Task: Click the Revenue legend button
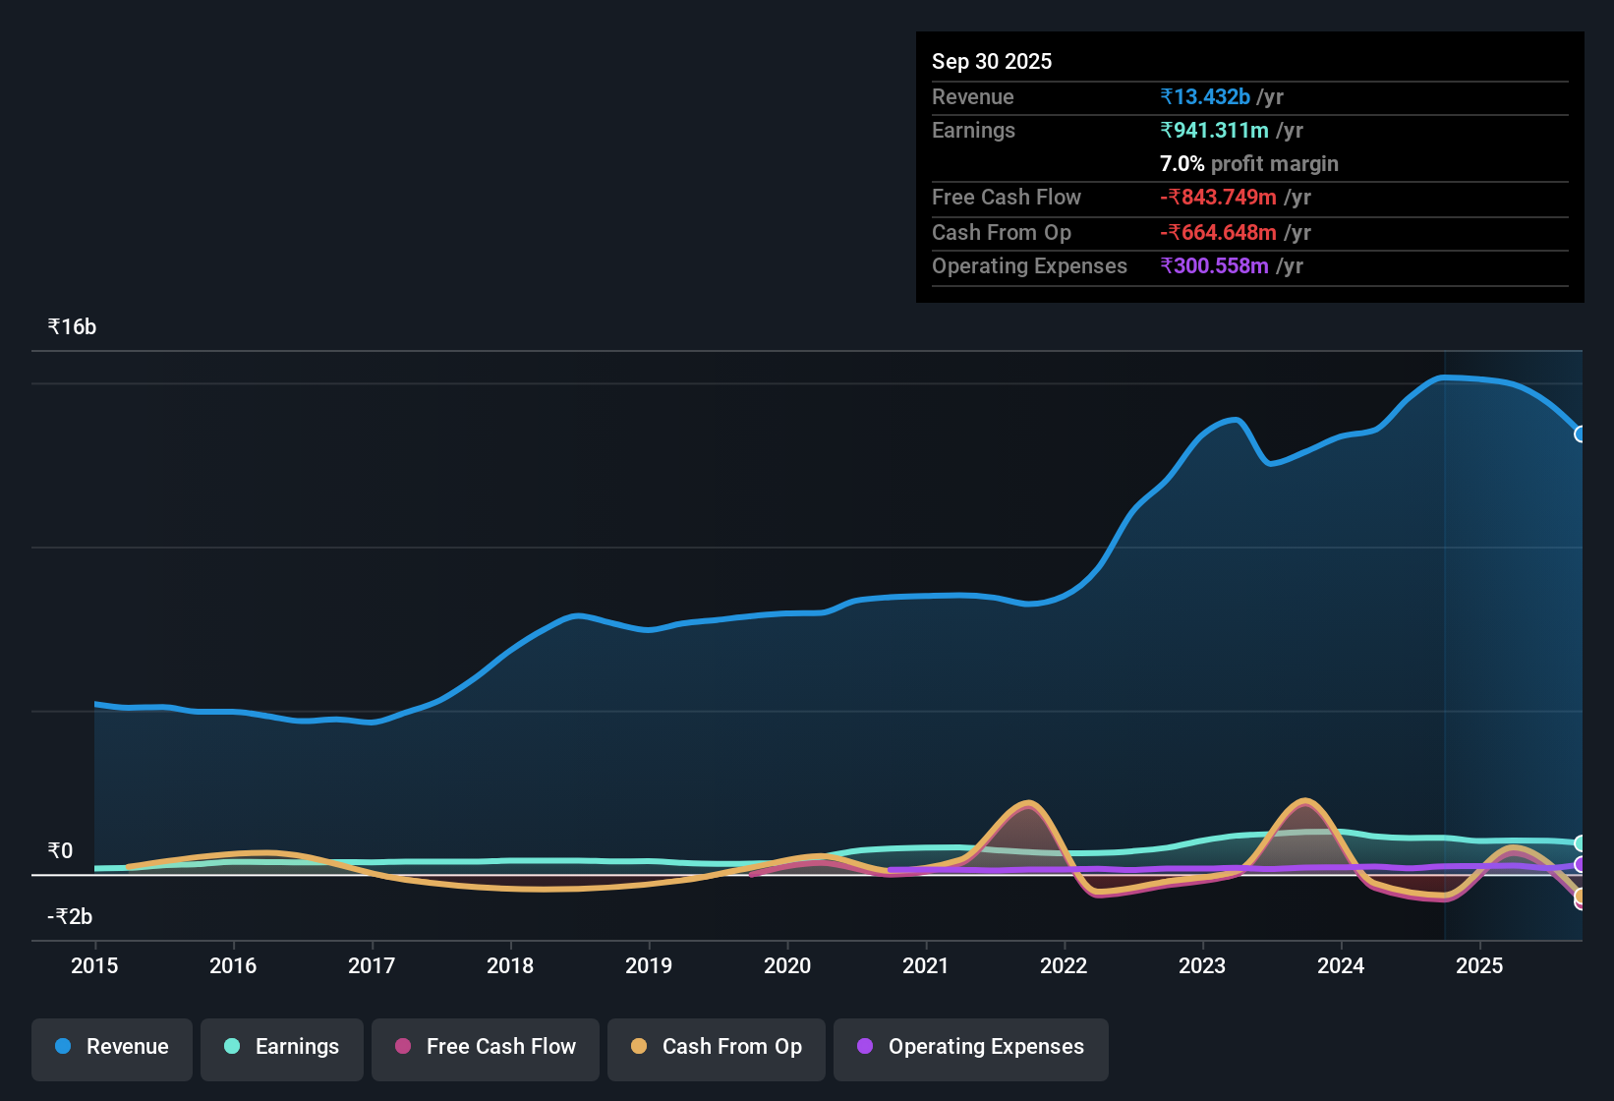click(112, 1047)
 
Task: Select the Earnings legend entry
click(282, 1047)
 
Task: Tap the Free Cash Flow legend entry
click(486, 1047)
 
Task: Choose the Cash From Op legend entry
click(717, 1047)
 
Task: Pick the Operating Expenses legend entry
click(971, 1047)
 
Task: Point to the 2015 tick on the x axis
click(94, 965)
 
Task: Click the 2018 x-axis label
click(510, 965)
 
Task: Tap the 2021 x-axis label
click(925, 965)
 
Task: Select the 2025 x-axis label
click(1478, 965)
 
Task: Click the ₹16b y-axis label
click(72, 327)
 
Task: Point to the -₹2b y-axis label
click(70, 916)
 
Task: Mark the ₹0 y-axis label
click(60, 850)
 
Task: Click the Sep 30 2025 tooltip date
click(991, 61)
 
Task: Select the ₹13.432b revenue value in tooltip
click(1205, 96)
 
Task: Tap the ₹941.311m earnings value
click(1214, 130)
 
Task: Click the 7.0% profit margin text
click(1248, 163)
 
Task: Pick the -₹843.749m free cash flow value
click(1218, 197)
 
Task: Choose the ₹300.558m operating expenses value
click(1214, 265)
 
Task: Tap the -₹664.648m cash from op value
click(1218, 232)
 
